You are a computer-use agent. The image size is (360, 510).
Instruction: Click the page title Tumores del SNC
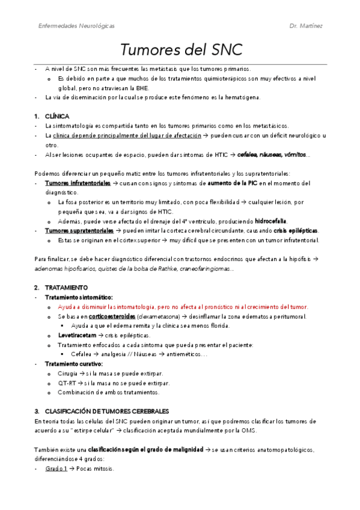tap(180, 49)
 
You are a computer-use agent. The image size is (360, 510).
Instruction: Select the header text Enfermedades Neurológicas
tap(76, 26)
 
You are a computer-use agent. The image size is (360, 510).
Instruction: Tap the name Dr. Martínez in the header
tap(307, 26)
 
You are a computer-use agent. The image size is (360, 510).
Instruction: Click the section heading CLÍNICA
tap(57, 115)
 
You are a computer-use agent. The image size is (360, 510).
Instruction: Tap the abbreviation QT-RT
tap(67, 382)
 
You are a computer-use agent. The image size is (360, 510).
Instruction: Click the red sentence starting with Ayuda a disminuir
tap(182, 307)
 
